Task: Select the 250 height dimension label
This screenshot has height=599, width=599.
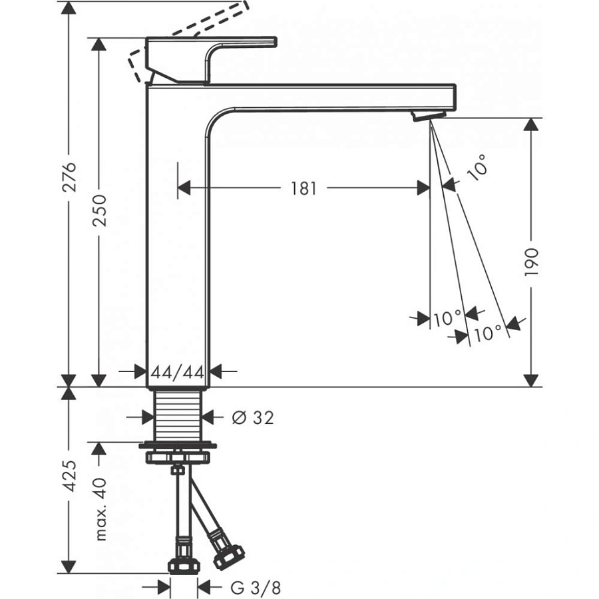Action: tap(99, 212)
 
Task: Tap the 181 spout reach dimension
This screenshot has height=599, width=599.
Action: tap(303, 188)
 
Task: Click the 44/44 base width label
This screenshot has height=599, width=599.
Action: tap(176, 372)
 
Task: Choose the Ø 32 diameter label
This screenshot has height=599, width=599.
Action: tap(252, 417)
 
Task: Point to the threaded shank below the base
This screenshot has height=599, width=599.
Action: tap(178, 413)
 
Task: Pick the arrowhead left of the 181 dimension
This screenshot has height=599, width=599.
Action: tap(184, 188)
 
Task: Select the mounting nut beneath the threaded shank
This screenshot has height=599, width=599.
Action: tap(179, 457)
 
